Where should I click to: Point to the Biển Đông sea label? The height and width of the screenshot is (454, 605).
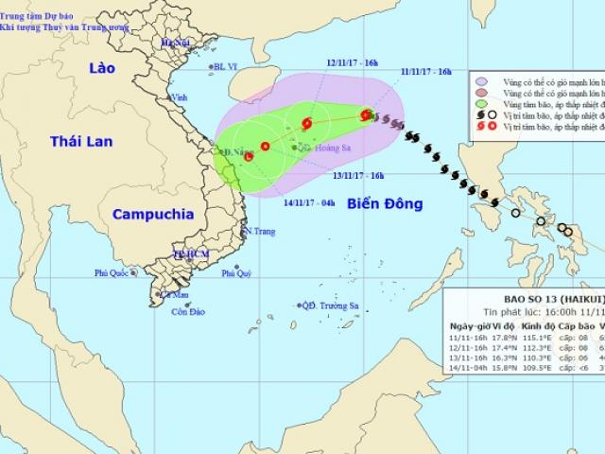(384, 204)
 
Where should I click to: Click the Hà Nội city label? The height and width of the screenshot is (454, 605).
(176, 44)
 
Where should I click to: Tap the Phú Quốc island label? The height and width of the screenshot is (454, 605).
(111, 273)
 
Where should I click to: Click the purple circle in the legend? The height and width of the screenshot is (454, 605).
(482, 82)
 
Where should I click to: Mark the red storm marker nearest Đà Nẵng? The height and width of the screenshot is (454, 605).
(249, 157)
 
